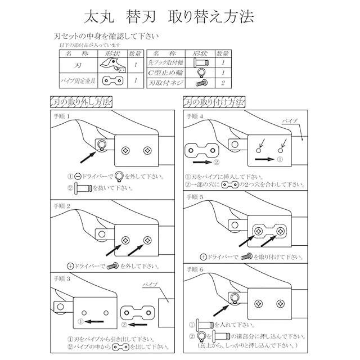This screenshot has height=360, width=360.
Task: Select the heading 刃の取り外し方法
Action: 81,102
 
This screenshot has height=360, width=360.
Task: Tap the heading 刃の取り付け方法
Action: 214,102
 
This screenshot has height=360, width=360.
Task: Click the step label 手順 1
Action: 62,116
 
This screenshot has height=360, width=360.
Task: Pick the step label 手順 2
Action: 62,206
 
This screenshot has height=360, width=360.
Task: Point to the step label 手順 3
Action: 62,278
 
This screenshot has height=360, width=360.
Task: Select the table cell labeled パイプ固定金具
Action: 78,82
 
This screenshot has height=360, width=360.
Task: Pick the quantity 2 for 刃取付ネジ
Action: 223,82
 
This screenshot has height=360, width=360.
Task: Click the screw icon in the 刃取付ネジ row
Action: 200,82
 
